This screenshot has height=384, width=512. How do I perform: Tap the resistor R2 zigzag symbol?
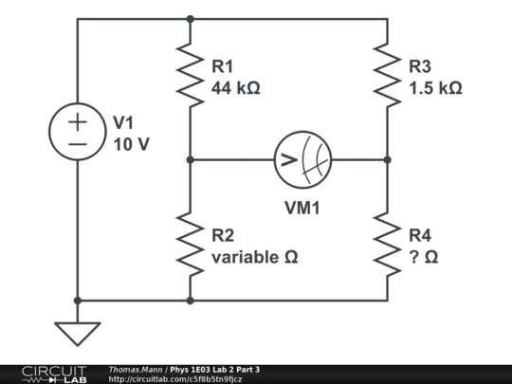click(x=191, y=245)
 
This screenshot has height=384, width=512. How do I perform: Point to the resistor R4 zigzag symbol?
click(x=387, y=245)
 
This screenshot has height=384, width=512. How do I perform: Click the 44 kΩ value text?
click(x=236, y=87)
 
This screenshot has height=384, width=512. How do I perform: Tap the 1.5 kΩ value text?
click(x=435, y=87)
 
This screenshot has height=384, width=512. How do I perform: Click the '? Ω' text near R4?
click(x=423, y=257)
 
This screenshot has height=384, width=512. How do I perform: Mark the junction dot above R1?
click(x=191, y=18)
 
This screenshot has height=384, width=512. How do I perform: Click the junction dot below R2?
click(x=191, y=301)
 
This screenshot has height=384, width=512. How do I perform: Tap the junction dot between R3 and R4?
click(x=387, y=159)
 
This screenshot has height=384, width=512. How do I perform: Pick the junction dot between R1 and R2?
click(x=191, y=159)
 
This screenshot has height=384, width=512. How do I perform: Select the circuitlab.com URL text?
click(x=175, y=379)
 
